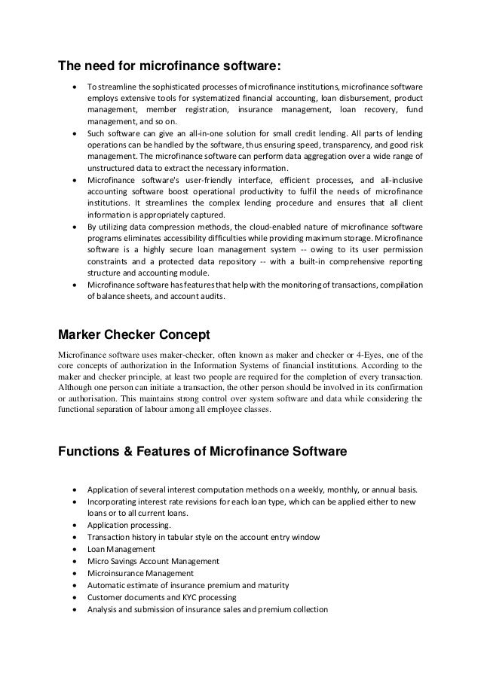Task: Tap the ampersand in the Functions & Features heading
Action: tap(124, 453)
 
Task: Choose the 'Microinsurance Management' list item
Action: tap(140, 573)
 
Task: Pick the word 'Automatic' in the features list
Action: tap(110, 585)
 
